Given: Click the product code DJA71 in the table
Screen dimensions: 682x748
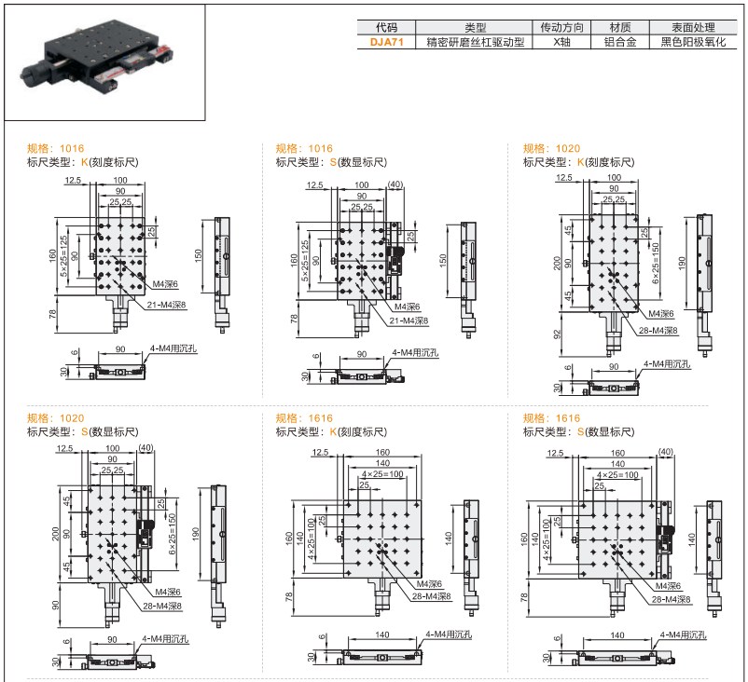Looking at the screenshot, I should (x=386, y=42).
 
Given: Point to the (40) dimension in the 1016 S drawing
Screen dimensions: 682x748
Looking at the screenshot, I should (x=395, y=185).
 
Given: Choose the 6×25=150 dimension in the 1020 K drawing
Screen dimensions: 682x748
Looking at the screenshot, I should (x=656, y=263).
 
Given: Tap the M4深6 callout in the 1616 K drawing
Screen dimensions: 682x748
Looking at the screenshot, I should (x=417, y=586).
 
